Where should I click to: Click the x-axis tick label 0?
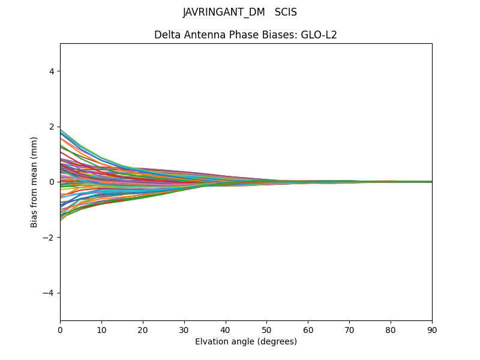coord(60,329)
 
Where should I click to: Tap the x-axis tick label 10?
coord(101,329)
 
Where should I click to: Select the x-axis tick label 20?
coord(143,329)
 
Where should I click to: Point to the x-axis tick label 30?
coord(184,329)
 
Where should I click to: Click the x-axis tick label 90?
coord(432,329)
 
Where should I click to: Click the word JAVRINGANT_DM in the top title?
coord(224,12)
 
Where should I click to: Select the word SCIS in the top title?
coord(286,12)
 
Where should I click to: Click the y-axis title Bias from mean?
coord(35,182)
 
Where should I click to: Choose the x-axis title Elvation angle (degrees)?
coord(246,341)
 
